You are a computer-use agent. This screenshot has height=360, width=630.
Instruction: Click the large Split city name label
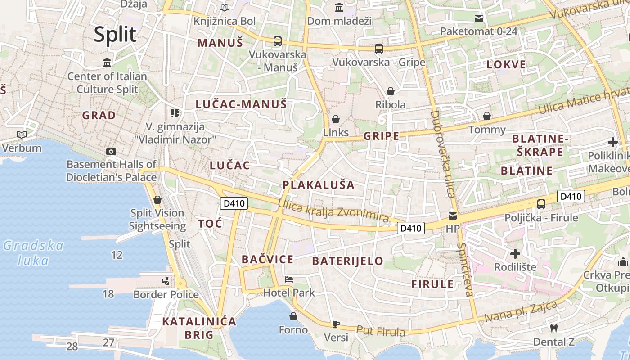click(x=115, y=35)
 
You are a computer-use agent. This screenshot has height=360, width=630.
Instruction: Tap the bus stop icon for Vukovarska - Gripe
click(x=379, y=49)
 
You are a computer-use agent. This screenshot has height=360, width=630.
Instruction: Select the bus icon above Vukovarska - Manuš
click(x=277, y=41)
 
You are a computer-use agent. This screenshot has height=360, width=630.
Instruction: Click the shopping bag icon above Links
click(x=335, y=119)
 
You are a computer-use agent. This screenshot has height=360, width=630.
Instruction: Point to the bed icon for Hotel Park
click(x=288, y=279)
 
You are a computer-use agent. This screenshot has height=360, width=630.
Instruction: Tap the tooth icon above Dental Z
click(x=554, y=328)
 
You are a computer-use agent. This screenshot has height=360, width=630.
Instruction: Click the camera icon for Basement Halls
click(x=111, y=151)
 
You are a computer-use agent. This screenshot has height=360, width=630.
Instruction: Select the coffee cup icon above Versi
click(x=336, y=324)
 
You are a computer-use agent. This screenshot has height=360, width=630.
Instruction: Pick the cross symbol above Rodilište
click(x=515, y=253)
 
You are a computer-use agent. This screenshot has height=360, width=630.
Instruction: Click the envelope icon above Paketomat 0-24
click(x=478, y=18)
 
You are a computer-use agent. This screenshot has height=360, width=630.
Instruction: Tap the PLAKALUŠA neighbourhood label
click(x=319, y=185)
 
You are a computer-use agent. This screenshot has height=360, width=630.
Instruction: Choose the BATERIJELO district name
click(x=347, y=261)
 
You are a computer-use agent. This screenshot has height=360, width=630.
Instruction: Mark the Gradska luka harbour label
click(x=33, y=253)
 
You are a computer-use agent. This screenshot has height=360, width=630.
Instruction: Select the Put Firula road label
click(x=381, y=331)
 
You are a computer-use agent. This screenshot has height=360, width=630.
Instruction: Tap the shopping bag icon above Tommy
click(x=486, y=117)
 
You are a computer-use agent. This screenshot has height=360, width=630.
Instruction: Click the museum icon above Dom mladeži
click(x=339, y=8)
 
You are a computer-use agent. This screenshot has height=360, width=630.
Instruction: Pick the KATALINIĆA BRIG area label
click(x=199, y=328)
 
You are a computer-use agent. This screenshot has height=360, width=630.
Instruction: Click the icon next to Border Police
click(x=166, y=281)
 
